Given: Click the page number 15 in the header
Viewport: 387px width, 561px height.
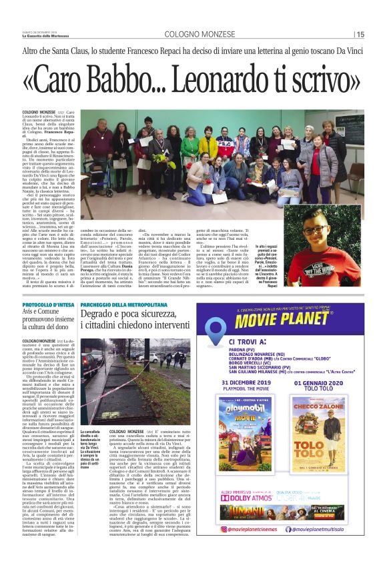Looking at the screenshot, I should [x=378, y=35].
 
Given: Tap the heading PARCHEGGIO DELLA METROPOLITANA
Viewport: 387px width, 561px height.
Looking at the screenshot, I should [x=124, y=304].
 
